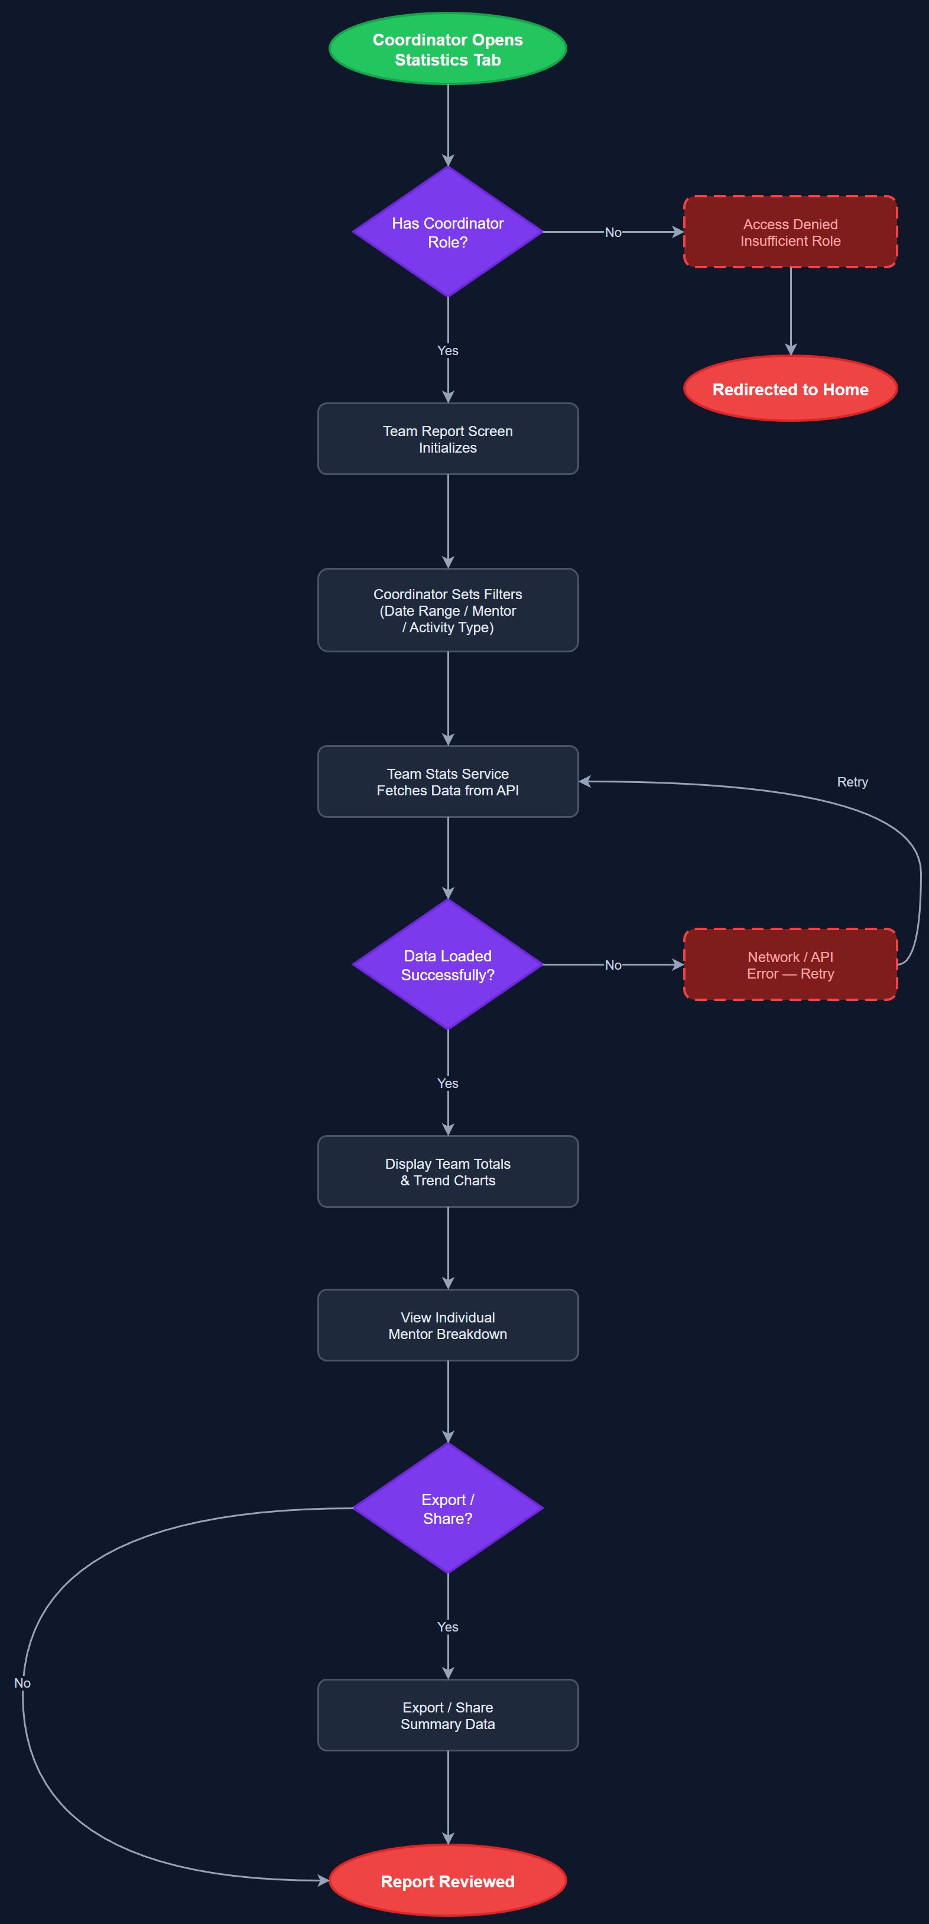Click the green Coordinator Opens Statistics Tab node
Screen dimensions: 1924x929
(x=447, y=49)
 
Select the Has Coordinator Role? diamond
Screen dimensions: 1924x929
(x=447, y=232)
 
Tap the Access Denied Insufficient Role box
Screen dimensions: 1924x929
(x=790, y=232)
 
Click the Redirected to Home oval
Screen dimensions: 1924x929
(x=790, y=389)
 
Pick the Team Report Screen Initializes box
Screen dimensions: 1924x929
(x=447, y=439)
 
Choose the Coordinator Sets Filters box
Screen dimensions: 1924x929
(x=447, y=610)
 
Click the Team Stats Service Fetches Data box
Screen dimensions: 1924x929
(x=447, y=781)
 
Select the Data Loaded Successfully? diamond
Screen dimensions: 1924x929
(x=447, y=965)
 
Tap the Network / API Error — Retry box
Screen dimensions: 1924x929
(x=790, y=965)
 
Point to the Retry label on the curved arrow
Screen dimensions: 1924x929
(x=852, y=782)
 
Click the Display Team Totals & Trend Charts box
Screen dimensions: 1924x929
(x=447, y=1172)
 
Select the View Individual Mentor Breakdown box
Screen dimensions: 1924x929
(x=447, y=1326)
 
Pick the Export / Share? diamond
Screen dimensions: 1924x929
(x=447, y=1509)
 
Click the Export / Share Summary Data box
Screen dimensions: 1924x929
(x=447, y=1715)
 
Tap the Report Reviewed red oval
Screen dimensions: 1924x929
(x=447, y=1881)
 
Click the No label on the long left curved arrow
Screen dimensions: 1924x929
(x=22, y=1683)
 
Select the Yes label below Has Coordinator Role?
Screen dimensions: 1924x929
(x=447, y=350)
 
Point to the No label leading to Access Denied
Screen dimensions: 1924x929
(x=613, y=232)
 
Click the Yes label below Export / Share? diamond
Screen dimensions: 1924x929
(x=447, y=1627)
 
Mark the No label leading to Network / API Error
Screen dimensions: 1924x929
(x=613, y=965)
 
